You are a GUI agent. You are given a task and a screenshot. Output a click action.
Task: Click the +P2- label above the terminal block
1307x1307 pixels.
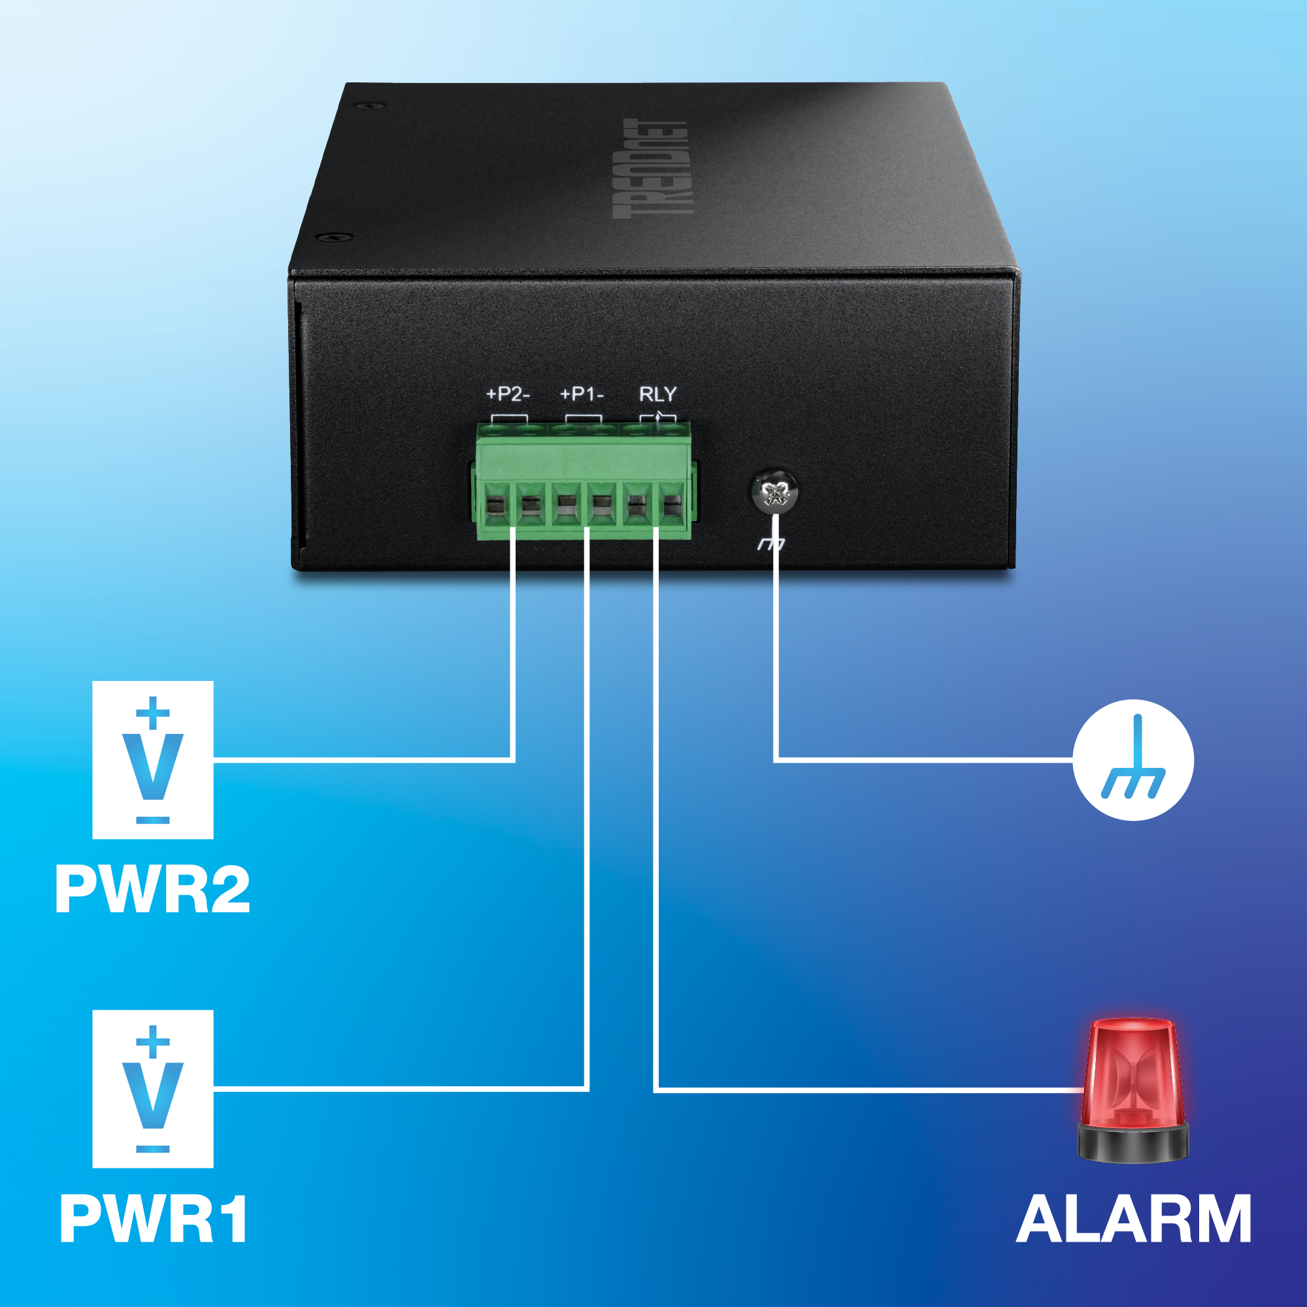[507, 393]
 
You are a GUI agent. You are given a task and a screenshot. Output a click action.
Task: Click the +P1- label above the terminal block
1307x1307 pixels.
[581, 393]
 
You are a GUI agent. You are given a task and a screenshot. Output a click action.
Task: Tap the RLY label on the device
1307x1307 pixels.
[657, 393]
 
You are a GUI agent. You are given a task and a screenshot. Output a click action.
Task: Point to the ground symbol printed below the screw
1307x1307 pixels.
[772, 543]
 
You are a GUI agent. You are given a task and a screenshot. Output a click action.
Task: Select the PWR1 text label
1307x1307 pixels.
[154, 1218]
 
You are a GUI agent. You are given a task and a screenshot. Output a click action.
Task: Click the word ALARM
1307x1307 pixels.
[1134, 1218]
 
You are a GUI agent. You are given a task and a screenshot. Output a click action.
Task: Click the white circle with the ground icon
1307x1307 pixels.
[1133, 760]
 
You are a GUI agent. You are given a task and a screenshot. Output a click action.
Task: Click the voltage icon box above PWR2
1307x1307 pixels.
[153, 760]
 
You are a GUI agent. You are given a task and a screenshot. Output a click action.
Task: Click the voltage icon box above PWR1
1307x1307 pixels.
[153, 1089]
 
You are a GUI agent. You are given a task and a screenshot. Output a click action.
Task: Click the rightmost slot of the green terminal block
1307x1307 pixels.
[672, 505]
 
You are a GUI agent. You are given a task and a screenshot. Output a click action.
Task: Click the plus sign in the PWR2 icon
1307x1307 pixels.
[153, 712]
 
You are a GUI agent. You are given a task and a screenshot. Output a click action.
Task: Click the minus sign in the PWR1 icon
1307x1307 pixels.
[153, 1149]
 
